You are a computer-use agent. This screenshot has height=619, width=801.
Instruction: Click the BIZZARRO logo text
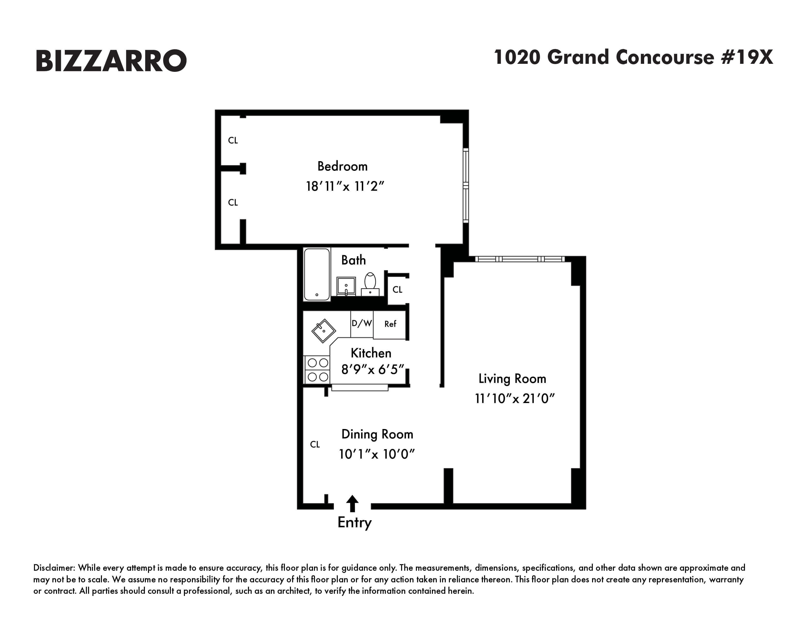coord(111,60)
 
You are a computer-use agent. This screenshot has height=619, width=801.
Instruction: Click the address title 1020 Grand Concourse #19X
coord(633,58)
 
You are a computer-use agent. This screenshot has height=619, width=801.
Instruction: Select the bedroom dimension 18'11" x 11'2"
coord(345,186)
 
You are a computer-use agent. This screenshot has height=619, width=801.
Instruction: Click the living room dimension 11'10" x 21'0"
coord(515,399)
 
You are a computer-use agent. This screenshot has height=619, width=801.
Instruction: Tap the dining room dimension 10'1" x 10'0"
coord(377,454)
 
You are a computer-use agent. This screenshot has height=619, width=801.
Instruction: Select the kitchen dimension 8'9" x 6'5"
coord(373,370)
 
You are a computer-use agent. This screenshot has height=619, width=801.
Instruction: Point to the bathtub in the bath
coord(317,274)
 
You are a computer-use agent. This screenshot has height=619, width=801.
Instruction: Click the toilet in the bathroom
coord(370,283)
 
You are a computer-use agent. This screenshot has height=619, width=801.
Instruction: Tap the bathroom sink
coord(346,286)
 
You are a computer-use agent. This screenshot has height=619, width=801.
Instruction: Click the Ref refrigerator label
coord(390,324)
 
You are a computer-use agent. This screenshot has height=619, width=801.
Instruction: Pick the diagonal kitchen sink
coord(323,331)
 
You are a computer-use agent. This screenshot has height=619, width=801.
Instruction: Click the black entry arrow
coord(353,503)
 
